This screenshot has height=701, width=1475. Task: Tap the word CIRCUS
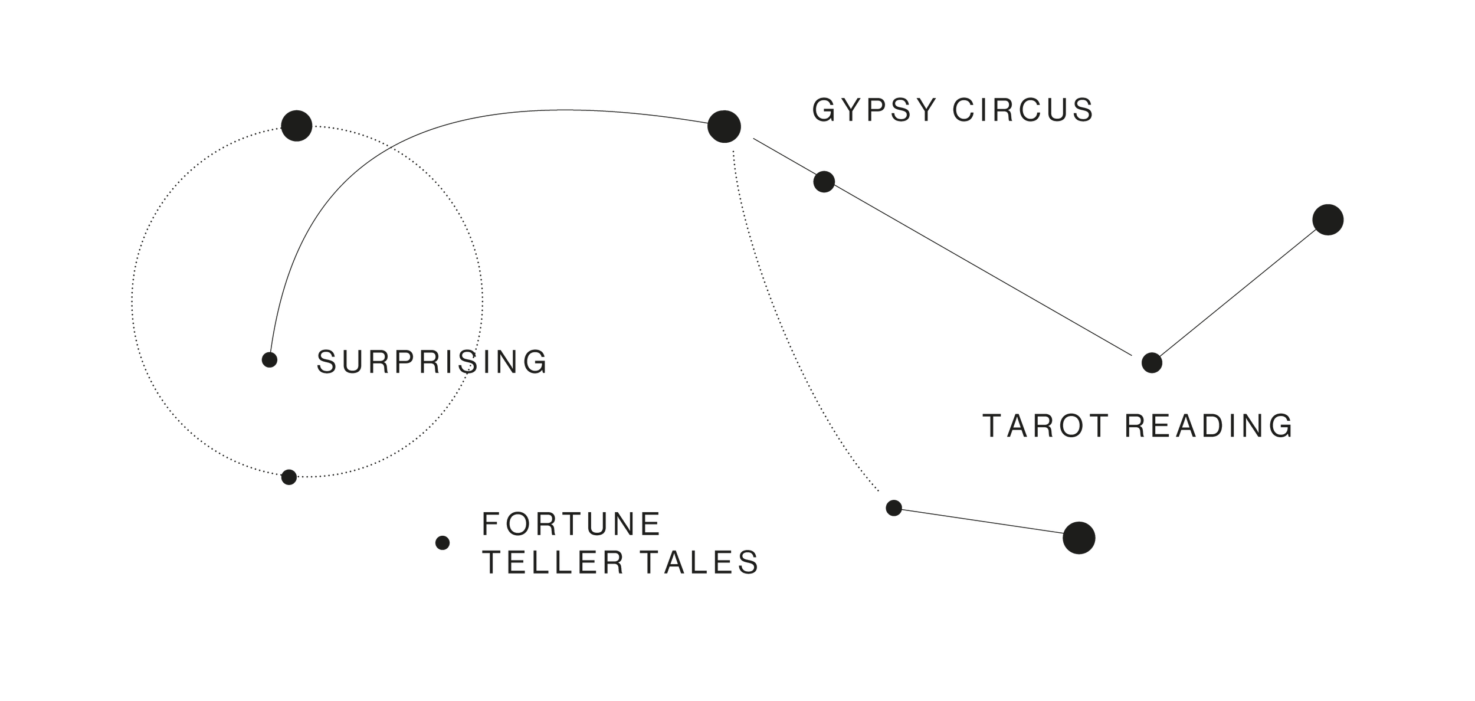[x=1024, y=110]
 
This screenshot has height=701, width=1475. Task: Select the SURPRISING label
[x=432, y=362]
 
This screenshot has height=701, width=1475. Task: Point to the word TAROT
[x=1045, y=426]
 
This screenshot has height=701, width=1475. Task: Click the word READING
[x=1209, y=426]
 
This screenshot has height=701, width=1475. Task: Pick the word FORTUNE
[x=571, y=524]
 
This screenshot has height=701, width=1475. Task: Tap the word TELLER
[x=554, y=562]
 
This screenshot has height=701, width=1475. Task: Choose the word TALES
[x=700, y=562]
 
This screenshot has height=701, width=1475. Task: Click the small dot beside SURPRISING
[x=270, y=359]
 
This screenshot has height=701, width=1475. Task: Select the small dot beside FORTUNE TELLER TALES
[x=442, y=543]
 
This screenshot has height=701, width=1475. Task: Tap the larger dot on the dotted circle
[x=296, y=126]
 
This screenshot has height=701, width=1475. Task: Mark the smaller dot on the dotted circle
[x=289, y=477]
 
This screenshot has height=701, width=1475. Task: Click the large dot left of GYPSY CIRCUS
[x=724, y=126]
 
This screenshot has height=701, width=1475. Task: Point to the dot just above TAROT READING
[x=1152, y=363]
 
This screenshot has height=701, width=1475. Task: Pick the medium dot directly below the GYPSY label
[x=824, y=182]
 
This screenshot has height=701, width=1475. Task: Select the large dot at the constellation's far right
[x=1328, y=220]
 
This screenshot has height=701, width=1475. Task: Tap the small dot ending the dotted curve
[x=894, y=507]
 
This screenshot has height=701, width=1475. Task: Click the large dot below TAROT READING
[x=1079, y=538]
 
